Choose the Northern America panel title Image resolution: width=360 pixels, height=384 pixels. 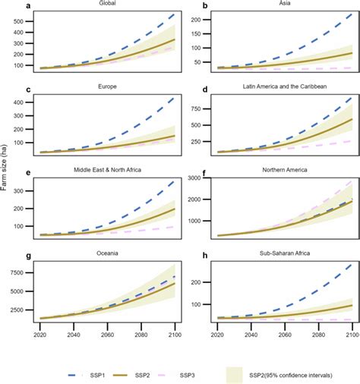coord(283,172)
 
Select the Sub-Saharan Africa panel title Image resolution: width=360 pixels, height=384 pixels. coord(283,256)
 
